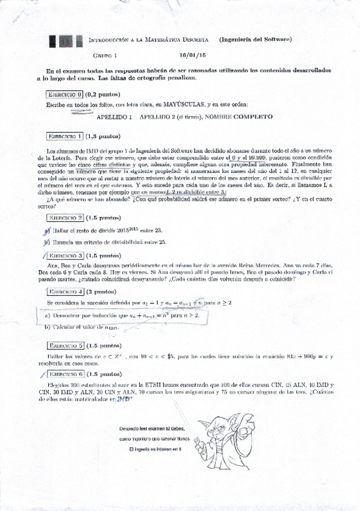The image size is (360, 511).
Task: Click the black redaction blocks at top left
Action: [66, 40]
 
